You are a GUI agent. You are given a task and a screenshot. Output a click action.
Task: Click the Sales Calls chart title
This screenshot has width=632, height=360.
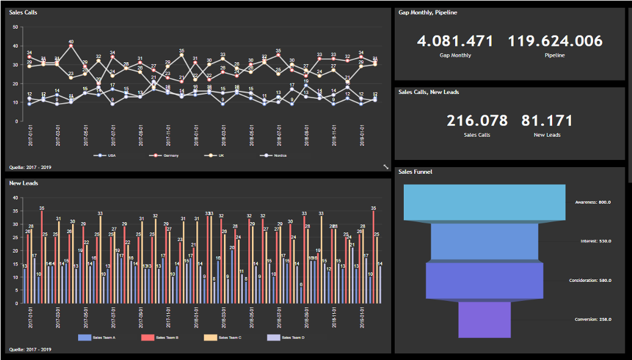[x=23, y=12]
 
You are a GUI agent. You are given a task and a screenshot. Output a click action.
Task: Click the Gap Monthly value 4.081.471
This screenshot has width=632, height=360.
[x=455, y=41]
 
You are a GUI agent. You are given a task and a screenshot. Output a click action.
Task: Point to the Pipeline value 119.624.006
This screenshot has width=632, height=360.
[x=555, y=41]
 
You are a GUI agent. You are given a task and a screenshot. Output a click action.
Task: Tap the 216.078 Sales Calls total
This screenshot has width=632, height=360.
[x=477, y=121]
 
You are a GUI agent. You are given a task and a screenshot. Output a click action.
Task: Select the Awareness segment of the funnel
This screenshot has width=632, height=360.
[x=485, y=202]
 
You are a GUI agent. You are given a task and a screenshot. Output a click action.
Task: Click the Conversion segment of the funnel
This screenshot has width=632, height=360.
[x=484, y=319]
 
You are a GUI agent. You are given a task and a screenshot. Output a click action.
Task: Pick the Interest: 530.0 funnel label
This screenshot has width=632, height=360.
[x=595, y=242]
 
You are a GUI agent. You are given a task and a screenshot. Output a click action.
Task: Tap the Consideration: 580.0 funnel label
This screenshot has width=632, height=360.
[x=590, y=280]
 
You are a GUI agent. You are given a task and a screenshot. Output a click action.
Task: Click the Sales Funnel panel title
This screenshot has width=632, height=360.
[x=415, y=172]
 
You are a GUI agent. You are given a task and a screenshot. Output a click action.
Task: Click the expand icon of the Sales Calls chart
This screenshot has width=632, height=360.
[x=386, y=166]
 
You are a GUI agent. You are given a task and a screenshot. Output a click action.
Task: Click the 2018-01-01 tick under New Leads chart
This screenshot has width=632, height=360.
[x=196, y=317]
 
